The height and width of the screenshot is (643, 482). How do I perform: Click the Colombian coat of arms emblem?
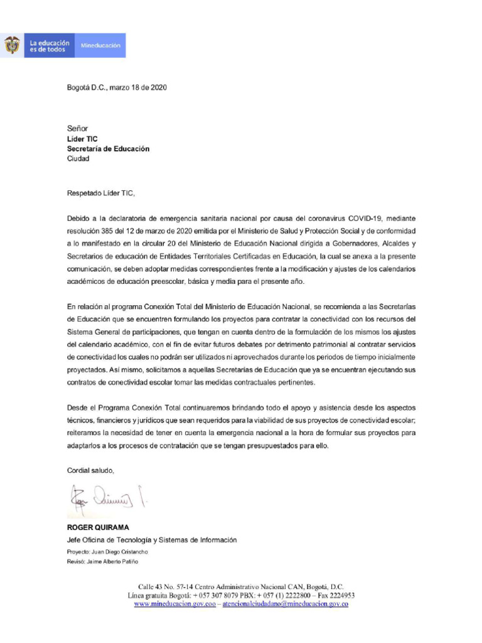(11, 45)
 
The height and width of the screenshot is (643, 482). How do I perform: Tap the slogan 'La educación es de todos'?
(50, 46)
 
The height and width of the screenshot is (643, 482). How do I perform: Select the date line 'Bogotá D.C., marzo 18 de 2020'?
(117, 88)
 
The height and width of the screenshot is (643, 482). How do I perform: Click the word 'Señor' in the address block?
(78, 128)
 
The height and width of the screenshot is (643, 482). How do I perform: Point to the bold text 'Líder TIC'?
(82, 139)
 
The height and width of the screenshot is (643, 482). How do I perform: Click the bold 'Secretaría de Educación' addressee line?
(108, 149)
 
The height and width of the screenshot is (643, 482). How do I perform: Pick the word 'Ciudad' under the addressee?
(78, 159)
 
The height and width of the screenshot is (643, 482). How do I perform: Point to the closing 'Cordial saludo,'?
(90, 470)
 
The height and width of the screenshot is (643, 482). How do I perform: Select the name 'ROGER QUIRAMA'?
(98, 527)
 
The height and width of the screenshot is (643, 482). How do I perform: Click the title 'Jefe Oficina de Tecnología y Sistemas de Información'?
(152, 539)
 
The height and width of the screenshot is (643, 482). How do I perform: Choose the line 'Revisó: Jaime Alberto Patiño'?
(102, 561)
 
